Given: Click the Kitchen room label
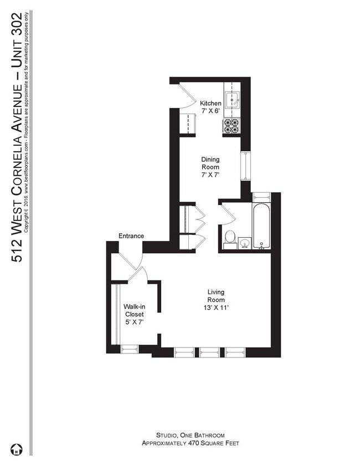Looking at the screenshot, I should coord(210,104).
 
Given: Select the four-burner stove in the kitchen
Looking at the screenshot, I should coord(231,126).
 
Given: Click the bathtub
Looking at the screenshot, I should coord(261,222).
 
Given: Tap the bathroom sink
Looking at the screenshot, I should coord(244,242).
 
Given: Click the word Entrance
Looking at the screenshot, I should coord(131,236).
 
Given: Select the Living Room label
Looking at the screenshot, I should coord(215,296).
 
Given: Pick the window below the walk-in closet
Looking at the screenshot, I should coord(129,349).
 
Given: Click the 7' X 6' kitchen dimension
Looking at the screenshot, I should coord(210,111).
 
